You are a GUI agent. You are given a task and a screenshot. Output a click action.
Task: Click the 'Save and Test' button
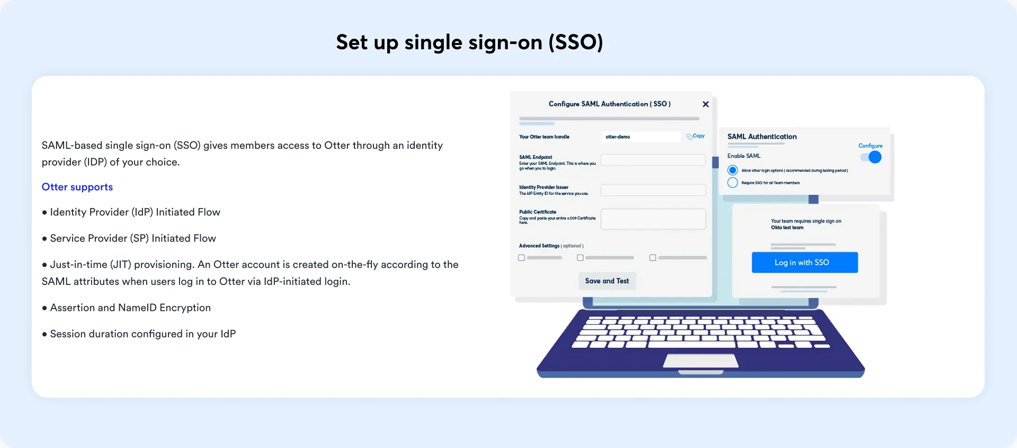click(x=607, y=281)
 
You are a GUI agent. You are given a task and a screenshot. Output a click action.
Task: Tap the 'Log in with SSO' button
click(x=804, y=263)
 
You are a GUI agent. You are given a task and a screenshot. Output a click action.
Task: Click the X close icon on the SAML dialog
click(x=706, y=104)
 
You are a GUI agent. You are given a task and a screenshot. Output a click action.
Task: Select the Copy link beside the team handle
click(x=696, y=136)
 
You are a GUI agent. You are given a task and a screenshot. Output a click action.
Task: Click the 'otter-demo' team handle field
click(x=640, y=137)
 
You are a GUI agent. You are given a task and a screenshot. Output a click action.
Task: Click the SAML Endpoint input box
click(x=653, y=160)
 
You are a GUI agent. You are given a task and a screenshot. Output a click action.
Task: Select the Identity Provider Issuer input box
click(x=653, y=190)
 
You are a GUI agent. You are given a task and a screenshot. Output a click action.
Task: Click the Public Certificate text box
click(x=653, y=219)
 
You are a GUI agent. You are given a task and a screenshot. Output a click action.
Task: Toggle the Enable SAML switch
click(x=871, y=157)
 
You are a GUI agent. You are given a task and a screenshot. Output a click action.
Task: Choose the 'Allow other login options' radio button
click(x=733, y=171)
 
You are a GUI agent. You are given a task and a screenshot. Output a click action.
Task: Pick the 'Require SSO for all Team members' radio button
click(x=733, y=183)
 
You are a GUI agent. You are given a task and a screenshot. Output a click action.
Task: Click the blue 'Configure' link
click(x=870, y=146)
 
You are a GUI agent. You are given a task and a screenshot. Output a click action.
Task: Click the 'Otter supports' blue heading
click(x=77, y=187)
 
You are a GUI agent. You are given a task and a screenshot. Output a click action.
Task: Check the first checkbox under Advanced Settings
click(x=522, y=258)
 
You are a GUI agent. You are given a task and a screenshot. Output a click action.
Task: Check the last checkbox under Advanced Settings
click(x=653, y=258)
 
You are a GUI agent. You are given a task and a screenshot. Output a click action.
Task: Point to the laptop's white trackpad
click(x=701, y=361)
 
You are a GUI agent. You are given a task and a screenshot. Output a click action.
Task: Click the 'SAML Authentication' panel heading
click(x=762, y=137)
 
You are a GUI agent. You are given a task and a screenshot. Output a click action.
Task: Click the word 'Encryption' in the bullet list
click(x=185, y=308)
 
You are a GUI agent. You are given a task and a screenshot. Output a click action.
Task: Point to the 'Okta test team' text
click(x=787, y=228)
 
